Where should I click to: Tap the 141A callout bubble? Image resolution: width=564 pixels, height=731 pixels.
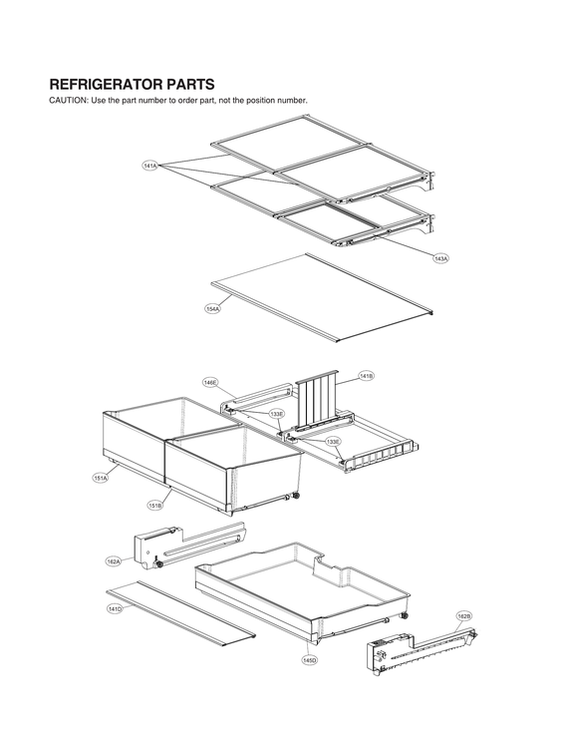pos(150,165)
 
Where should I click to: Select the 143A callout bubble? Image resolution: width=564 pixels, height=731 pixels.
pos(440,258)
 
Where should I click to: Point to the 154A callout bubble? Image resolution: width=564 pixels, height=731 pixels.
pos(212,309)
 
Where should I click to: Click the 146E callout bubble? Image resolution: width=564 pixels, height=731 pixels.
pos(210,382)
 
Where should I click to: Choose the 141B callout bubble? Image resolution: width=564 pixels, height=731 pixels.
pos(366,376)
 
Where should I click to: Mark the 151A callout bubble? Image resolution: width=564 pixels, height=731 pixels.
pos(101,479)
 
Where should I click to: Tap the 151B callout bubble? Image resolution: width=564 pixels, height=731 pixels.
pos(155,506)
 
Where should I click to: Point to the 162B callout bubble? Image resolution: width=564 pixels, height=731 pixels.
pos(463,616)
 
